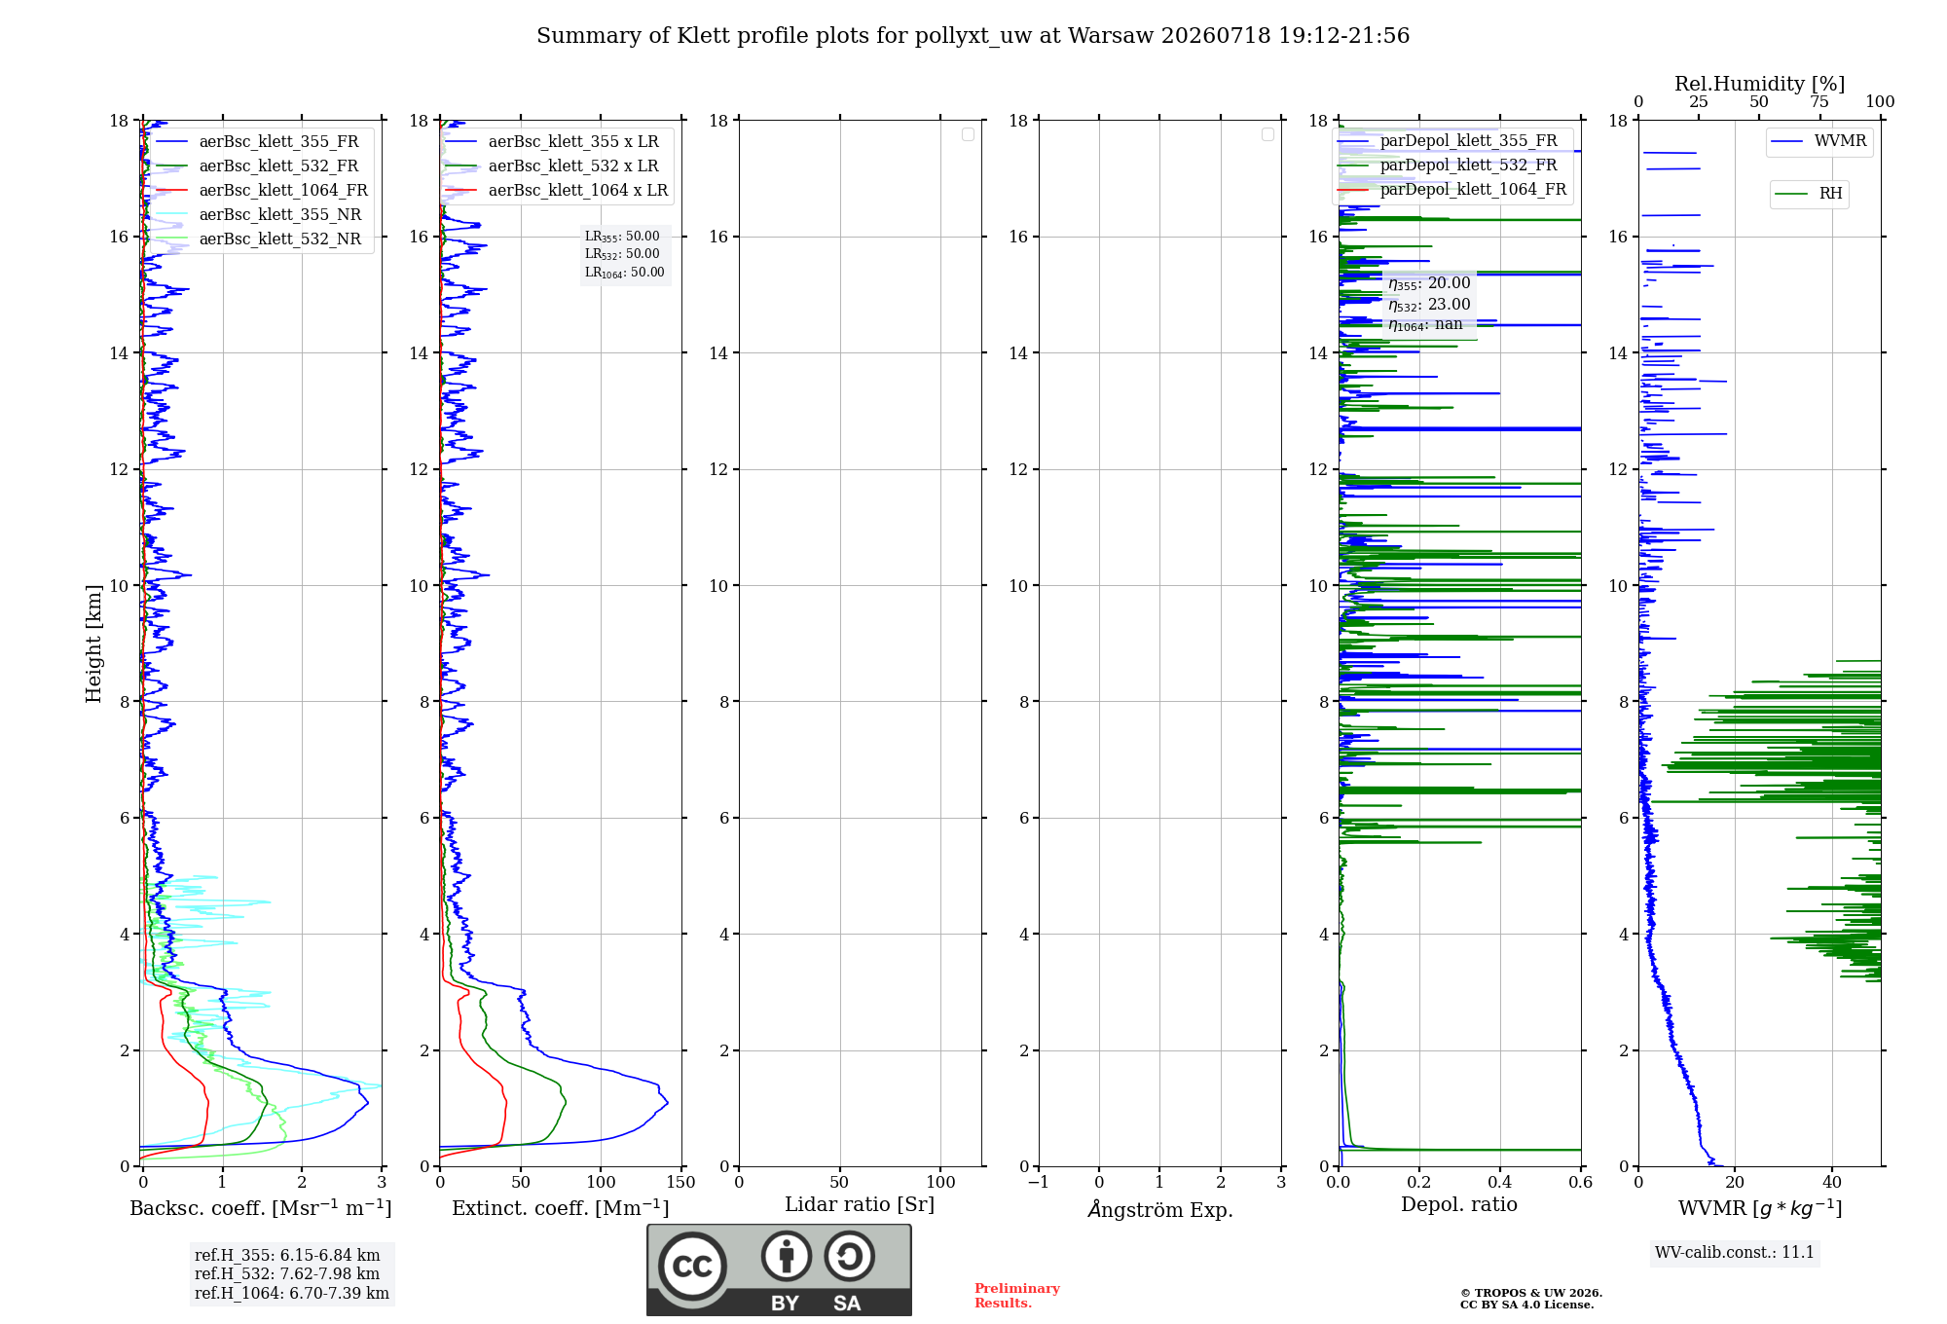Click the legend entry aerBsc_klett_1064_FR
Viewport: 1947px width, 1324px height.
point(262,190)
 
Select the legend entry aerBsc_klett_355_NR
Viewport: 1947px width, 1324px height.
point(259,214)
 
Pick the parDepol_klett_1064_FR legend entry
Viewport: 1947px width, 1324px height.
point(1451,189)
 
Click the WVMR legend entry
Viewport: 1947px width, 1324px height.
point(1818,141)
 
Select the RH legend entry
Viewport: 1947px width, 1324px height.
point(1809,194)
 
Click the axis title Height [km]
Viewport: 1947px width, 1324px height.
point(93,644)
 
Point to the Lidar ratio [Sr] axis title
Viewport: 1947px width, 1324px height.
point(860,1204)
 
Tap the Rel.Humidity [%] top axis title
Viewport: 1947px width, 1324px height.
point(1759,84)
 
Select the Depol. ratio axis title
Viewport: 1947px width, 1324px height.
point(1459,1204)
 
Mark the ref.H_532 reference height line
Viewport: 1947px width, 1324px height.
point(287,1273)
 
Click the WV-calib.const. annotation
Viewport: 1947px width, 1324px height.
point(1735,1252)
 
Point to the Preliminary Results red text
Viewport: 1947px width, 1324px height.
point(1017,1296)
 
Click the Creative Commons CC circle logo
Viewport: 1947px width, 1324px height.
point(692,1267)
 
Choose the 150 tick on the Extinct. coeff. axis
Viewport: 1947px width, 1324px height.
point(681,1182)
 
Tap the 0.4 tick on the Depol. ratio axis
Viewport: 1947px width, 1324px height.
point(1500,1182)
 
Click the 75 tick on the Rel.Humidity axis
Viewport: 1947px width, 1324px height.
point(1819,102)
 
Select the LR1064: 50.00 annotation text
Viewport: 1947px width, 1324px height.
point(625,273)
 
